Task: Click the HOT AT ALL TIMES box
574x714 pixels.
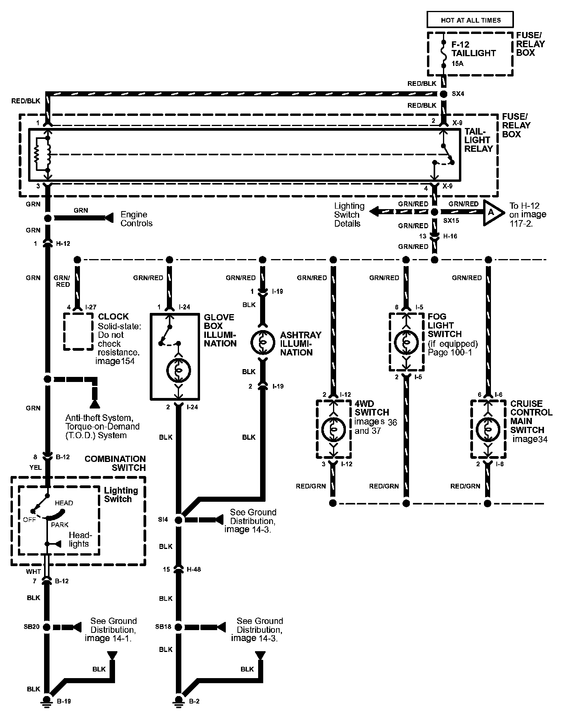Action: pyautogui.click(x=470, y=20)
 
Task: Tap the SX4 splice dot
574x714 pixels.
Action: pyautogui.click(x=443, y=94)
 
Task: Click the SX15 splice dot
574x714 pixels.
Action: pyautogui.click(x=435, y=212)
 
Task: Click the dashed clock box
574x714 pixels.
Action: pyautogui.click(x=79, y=331)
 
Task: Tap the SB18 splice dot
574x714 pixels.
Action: pyautogui.click(x=179, y=627)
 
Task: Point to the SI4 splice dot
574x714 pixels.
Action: pyautogui.click(x=179, y=520)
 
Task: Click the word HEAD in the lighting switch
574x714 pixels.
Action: pyautogui.click(x=64, y=503)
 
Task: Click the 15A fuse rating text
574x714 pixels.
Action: pyautogui.click(x=458, y=64)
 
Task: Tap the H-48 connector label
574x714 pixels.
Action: pyautogui.click(x=193, y=569)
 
